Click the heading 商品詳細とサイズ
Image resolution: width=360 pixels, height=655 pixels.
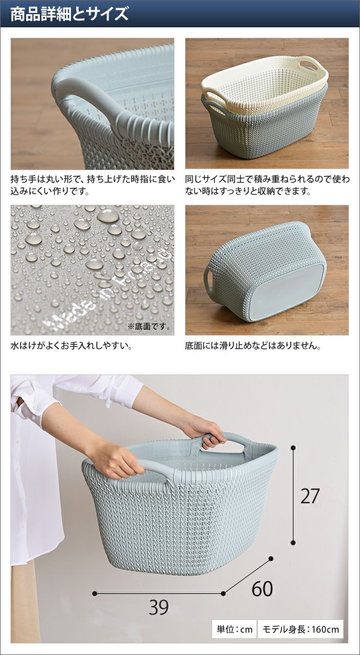point(70,14)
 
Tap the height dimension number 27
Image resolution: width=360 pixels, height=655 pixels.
point(310,496)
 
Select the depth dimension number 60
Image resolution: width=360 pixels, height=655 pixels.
point(262,588)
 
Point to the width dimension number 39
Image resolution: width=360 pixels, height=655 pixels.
point(159,608)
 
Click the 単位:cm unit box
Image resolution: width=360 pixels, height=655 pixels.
point(234,629)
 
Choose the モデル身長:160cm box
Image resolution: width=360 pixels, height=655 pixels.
point(301,629)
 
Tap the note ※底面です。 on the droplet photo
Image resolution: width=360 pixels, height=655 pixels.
point(149,326)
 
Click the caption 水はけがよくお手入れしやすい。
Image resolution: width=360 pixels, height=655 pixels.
point(71,346)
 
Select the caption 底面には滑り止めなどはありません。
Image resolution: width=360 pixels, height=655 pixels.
point(253,346)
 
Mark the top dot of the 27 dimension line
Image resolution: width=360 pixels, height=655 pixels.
point(293,448)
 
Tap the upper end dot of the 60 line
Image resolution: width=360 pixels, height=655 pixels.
point(271,558)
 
